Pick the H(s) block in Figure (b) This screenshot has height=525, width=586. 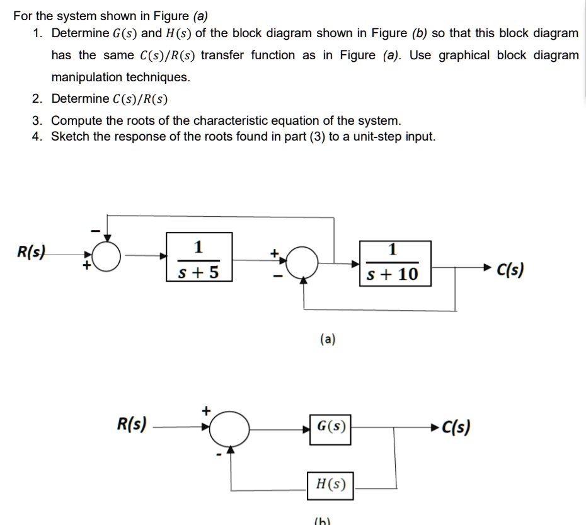[330, 484]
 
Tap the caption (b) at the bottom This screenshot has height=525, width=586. [323, 520]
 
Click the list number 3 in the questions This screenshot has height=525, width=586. [37, 120]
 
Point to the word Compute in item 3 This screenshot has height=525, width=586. [75, 120]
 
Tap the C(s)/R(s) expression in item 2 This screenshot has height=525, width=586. [141, 99]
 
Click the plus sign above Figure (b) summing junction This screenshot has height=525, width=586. [205, 410]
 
